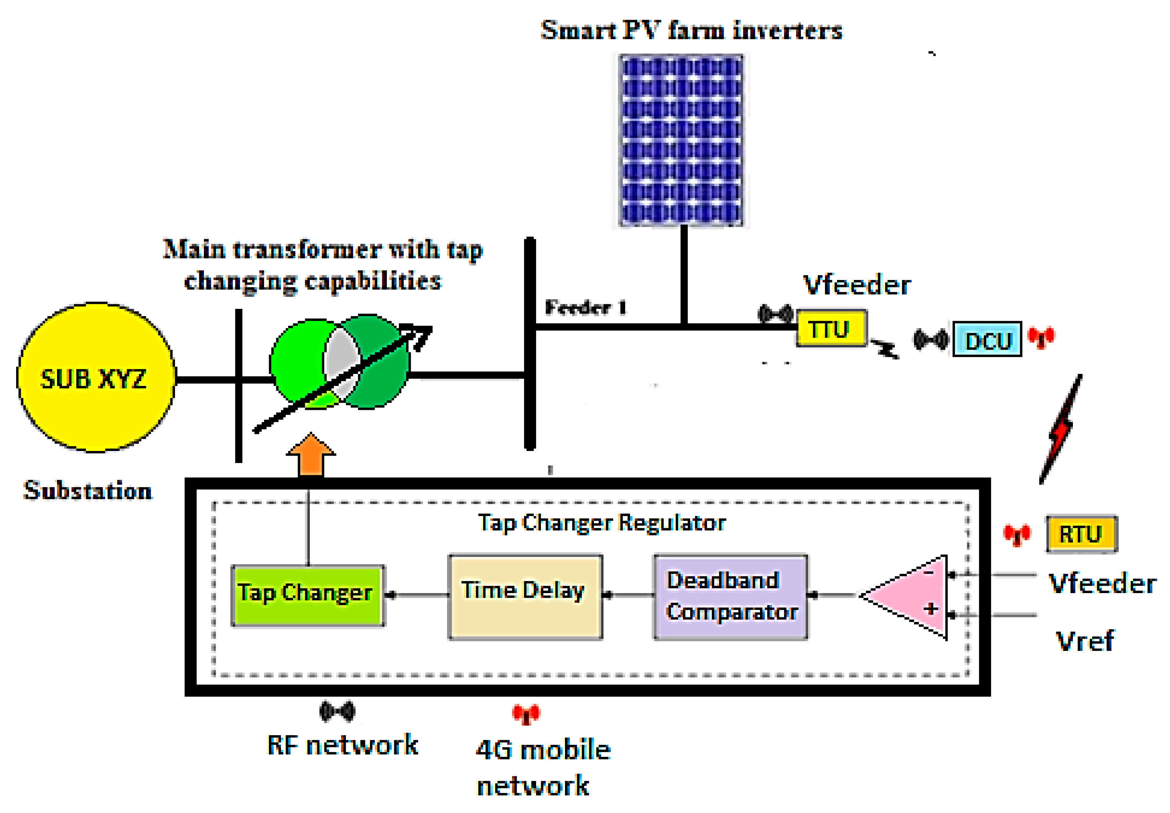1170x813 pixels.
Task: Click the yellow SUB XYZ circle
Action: [x=96, y=377]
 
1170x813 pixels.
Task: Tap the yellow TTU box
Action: [x=831, y=329]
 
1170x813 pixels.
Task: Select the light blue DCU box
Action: [x=987, y=339]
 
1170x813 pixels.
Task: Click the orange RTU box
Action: [x=1081, y=534]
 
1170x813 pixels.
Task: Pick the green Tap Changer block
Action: [x=307, y=595]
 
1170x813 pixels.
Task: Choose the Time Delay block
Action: [x=525, y=596]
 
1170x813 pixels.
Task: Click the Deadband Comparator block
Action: [x=730, y=596]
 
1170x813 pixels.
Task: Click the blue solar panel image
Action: [x=681, y=140]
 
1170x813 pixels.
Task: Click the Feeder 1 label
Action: [x=585, y=307]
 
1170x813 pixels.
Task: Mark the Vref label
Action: [x=1084, y=641]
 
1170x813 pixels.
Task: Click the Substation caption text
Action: [x=87, y=490]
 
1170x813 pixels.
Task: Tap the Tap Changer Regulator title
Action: [x=601, y=523]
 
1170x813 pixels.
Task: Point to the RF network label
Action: [x=343, y=745]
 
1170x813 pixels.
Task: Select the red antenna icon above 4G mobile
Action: [x=526, y=714]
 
